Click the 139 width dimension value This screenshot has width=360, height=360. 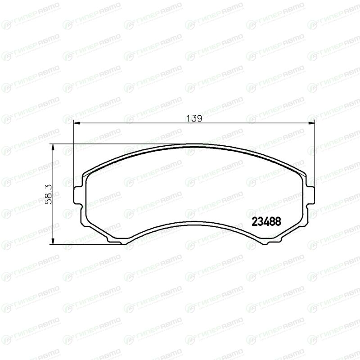pos(194,118)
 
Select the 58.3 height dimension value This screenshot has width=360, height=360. pos(49,194)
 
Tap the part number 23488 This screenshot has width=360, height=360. pos(266,221)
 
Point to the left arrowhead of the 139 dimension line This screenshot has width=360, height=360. pos(76,123)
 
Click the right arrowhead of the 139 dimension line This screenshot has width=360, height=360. pos(311,123)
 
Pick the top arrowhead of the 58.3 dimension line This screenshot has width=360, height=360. pos(53,147)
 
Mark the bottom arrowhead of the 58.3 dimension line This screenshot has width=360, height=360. pos(53,241)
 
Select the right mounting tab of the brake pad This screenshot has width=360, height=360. pos(310,195)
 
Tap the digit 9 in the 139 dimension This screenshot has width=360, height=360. pos(199,118)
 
